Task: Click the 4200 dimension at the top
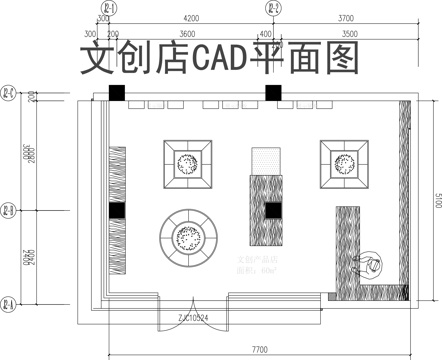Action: coord(192,18)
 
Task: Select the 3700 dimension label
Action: coord(347,18)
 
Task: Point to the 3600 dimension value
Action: coord(186,34)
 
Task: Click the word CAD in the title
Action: coord(214,61)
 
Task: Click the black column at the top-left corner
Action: coord(117,93)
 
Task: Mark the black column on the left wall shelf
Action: coord(117,211)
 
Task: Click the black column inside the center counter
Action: coord(271,210)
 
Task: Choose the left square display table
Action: coord(187,164)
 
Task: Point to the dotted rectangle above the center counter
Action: coord(267,160)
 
